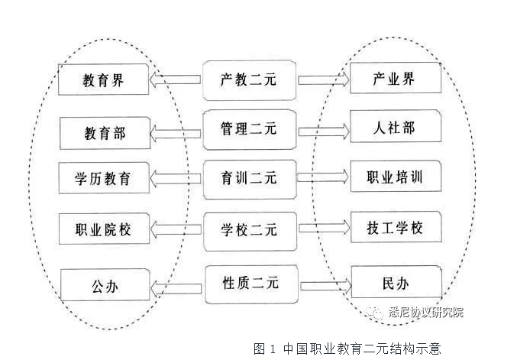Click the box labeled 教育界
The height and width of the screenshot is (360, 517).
pos(104,79)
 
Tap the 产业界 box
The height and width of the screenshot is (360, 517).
pos(396,78)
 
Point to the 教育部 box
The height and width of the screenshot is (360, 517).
pos(104,134)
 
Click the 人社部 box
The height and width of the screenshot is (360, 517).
pos(396,127)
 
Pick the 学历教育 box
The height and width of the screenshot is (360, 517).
pos(104,180)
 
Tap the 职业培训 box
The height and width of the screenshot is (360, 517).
pos(396,177)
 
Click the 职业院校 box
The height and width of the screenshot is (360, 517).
pos(104,229)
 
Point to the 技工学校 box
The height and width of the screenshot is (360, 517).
pos(396,228)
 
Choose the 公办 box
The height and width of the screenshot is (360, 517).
pos(104,287)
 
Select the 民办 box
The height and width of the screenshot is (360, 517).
pos(396,283)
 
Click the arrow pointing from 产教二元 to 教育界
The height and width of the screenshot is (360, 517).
pos(176,79)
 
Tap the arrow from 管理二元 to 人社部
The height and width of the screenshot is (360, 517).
pos(323,128)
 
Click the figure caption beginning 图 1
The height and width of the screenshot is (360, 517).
pos(347,348)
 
